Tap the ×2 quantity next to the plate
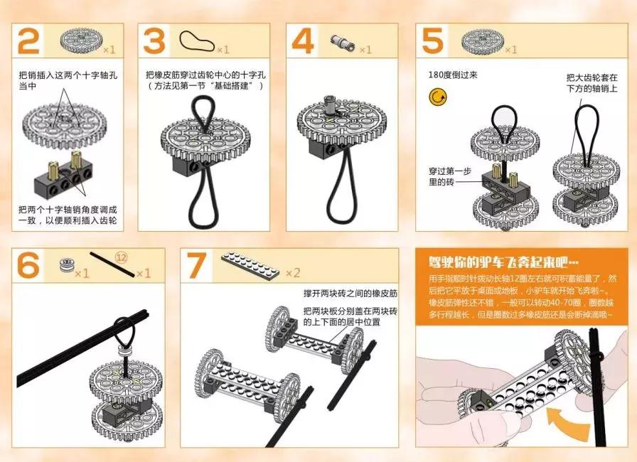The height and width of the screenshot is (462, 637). (292, 273)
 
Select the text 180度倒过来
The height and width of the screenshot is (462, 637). (453, 74)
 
